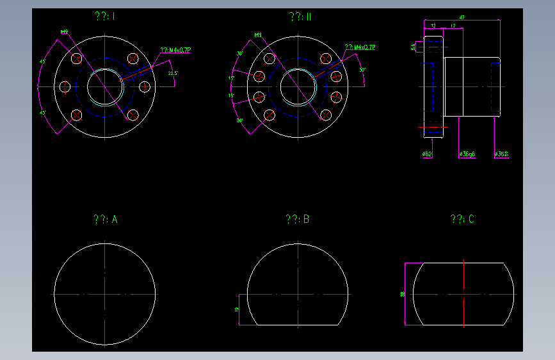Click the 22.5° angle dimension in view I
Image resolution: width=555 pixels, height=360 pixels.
(172, 74)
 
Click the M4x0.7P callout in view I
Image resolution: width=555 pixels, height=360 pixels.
(176, 49)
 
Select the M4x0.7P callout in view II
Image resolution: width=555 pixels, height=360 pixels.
(360, 47)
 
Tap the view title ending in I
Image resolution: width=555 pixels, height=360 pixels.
(104, 17)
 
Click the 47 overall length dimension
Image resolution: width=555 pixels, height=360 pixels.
(462, 17)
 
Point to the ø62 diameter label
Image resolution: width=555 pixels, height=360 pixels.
(427, 154)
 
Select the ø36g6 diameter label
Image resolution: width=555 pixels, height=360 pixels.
(467, 154)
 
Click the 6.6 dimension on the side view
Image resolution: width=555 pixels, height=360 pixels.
(414, 46)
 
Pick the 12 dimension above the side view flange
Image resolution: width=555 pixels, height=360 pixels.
(433, 26)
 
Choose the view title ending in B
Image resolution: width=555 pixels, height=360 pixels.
(298, 219)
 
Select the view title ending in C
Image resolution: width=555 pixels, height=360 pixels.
(462, 219)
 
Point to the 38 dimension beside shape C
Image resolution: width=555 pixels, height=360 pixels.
(402, 294)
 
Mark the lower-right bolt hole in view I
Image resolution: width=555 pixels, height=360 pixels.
(133, 115)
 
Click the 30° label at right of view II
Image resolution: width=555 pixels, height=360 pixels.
(362, 70)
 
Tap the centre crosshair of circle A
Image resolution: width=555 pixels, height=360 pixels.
(105, 294)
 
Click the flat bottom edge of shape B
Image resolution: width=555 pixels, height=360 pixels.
(298, 325)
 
